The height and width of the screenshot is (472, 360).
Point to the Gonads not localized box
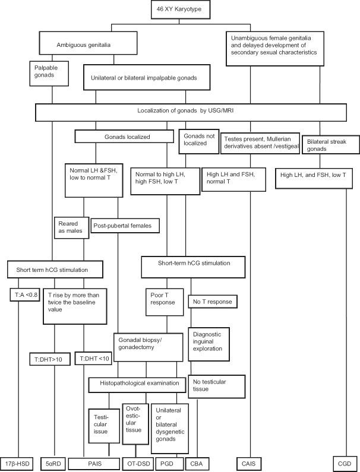click(196, 140)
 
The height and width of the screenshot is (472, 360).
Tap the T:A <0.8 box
click(23, 295)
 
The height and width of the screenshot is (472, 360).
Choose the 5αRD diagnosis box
click(53, 462)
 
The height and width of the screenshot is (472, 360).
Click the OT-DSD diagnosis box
click(137, 462)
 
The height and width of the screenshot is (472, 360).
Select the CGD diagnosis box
click(343, 462)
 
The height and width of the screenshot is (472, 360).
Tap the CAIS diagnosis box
click(251, 462)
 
